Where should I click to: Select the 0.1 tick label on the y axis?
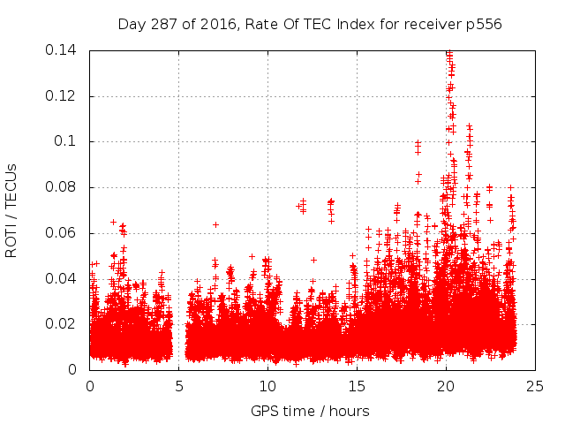coord(68,141)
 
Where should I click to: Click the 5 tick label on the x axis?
coord(178,386)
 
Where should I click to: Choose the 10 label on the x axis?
coord(267,386)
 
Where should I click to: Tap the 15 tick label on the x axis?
coord(357,386)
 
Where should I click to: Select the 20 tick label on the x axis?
coord(446,386)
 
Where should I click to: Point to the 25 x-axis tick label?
coord(535,386)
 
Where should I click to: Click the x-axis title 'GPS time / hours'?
coord(310,411)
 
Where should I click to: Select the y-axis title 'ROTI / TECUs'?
coord(11,209)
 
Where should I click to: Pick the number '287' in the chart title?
coord(167,24)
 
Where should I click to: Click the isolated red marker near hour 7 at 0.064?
coord(215,224)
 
